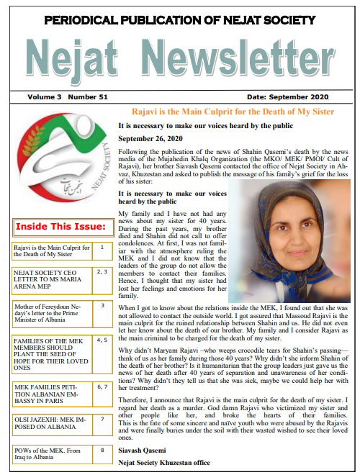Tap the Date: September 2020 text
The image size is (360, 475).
point(287,96)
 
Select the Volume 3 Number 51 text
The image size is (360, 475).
point(60,96)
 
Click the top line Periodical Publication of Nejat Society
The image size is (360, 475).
point(180,21)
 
